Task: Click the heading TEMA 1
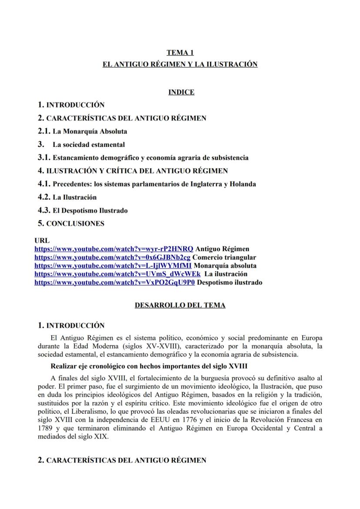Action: point(180,53)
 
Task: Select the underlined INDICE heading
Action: point(181,92)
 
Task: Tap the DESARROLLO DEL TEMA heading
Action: point(180,305)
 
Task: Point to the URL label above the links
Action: point(42,241)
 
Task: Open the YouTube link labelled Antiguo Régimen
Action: point(113,249)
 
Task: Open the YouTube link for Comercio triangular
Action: point(112,257)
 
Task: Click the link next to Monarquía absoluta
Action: point(113,266)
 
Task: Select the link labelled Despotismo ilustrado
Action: point(115,283)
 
